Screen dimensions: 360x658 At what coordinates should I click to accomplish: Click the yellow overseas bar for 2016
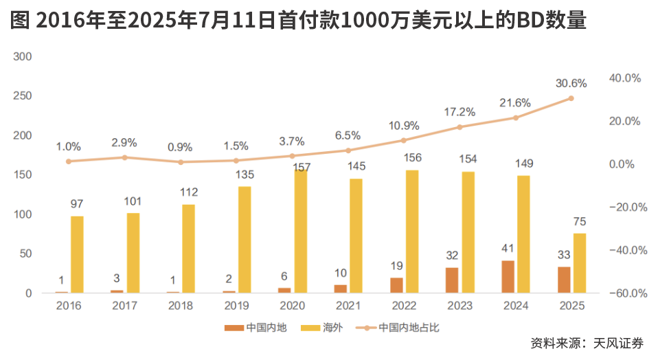point(77,254)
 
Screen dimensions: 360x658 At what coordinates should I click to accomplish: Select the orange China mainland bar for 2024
point(508,276)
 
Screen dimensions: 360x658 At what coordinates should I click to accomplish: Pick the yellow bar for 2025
point(580,263)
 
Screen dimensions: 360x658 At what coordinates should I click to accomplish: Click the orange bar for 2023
point(452,280)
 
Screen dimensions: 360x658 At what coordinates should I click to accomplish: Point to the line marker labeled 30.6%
point(571,98)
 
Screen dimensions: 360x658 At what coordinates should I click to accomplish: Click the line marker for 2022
point(404,140)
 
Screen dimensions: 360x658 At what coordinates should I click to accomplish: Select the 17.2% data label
point(460,112)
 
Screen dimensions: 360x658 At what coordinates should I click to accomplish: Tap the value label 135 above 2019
point(245,174)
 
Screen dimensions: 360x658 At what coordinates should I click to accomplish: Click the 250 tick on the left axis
point(23,96)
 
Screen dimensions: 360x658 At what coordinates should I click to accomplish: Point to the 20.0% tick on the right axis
point(624,121)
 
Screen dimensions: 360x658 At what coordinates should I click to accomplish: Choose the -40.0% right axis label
point(624,250)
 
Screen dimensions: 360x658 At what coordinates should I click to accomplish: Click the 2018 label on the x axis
point(181,306)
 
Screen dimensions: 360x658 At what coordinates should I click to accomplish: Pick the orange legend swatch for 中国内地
point(234,328)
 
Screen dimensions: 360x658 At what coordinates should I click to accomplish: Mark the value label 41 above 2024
point(508,249)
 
